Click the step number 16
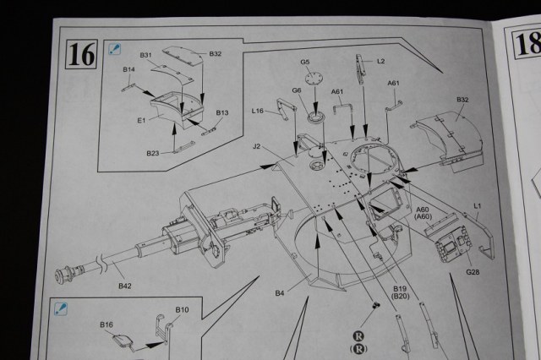click(82, 54)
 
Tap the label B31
click(145, 56)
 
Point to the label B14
click(128, 69)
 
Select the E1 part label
click(141, 121)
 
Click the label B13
click(222, 112)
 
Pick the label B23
click(152, 153)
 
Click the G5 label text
click(305, 62)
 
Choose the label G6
click(297, 90)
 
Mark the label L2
click(381, 61)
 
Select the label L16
click(259, 111)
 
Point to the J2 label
click(255, 146)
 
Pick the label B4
click(280, 293)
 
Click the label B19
click(401, 289)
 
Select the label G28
click(473, 272)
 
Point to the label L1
click(478, 205)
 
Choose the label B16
click(107, 325)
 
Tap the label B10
click(182, 309)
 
